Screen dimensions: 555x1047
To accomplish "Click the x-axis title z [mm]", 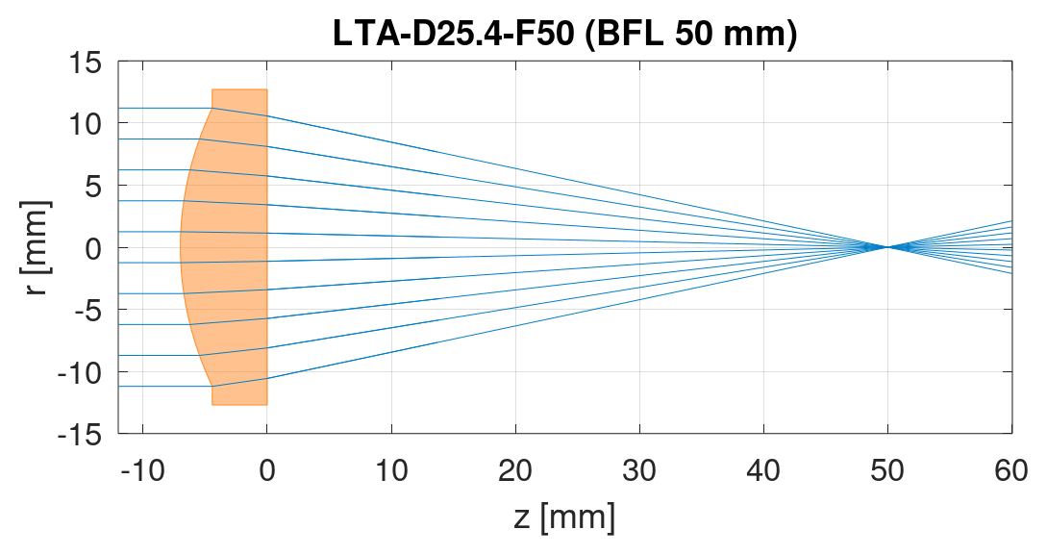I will pyautogui.click(x=564, y=517).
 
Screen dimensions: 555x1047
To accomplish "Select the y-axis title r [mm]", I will pyautogui.click(x=35, y=247).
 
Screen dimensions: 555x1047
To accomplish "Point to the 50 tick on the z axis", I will pyautogui.click(x=887, y=471).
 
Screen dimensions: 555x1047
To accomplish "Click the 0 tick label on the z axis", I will pyautogui.click(x=267, y=471).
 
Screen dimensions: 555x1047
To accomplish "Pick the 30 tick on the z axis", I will pyautogui.click(x=639, y=471).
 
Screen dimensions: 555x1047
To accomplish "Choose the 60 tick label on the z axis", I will pyautogui.click(x=1011, y=471).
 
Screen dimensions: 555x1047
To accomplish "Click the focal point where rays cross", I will pyautogui.click(x=886, y=247).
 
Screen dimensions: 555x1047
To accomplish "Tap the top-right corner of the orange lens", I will pyautogui.click(x=267, y=89).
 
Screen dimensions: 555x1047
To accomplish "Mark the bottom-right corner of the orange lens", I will pyautogui.click(x=267, y=405).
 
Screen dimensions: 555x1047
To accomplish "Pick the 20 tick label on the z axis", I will pyautogui.click(x=515, y=471).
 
